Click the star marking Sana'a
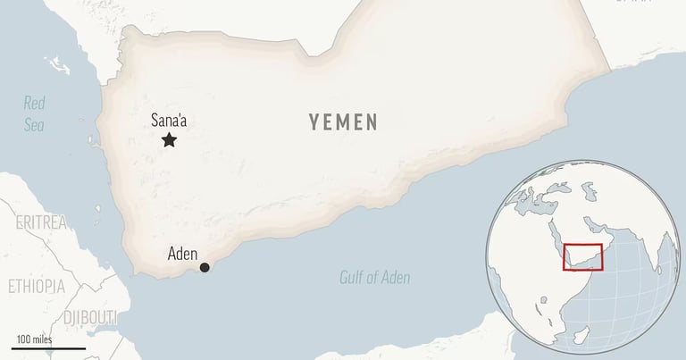(x=169, y=139)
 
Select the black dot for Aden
(x=205, y=267)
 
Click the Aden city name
(x=182, y=254)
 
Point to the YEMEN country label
(x=344, y=123)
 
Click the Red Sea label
(x=34, y=113)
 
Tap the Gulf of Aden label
(x=375, y=278)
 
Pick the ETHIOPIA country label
(x=36, y=287)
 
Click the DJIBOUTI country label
(x=89, y=318)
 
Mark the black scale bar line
(x=49, y=347)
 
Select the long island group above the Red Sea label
(x=56, y=63)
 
